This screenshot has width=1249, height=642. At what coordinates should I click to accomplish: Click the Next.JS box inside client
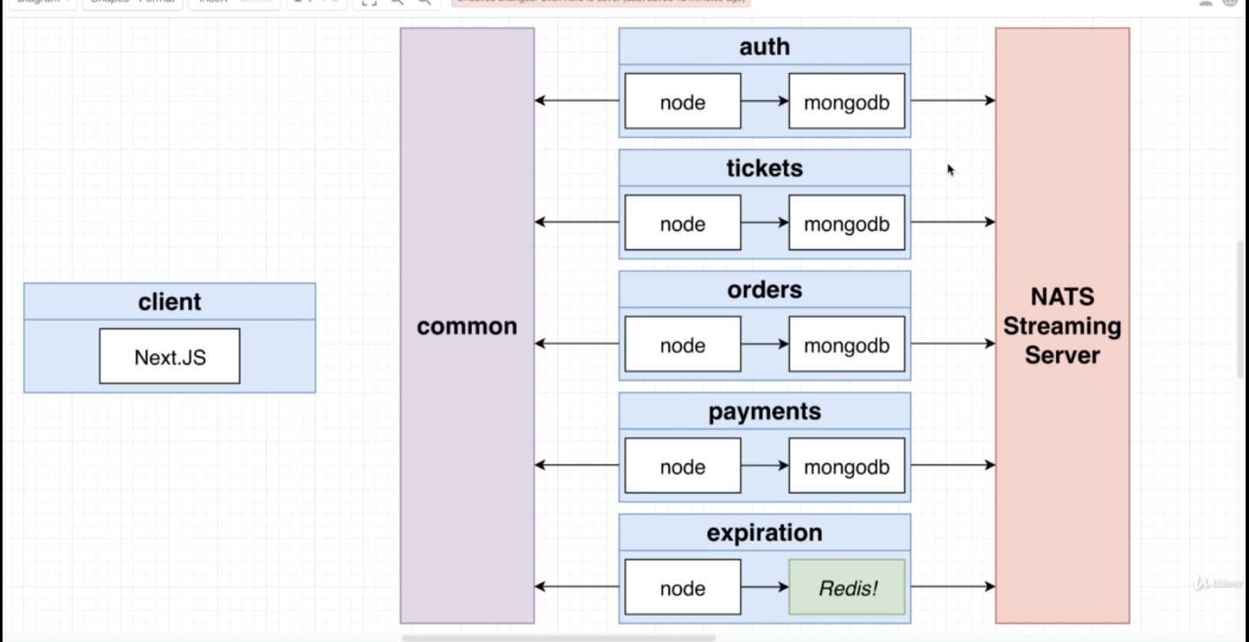pyautogui.click(x=169, y=356)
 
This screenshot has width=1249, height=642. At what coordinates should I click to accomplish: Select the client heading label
pyautogui.click(x=169, y=302)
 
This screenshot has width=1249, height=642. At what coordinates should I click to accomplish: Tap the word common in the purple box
pyautogui.click(x=467, y=326)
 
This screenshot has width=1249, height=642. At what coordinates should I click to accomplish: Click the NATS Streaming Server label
pyautogui.click(x=1062, y=326)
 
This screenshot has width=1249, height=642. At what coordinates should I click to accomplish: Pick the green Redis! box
pyautogui.click(x=847, y=587)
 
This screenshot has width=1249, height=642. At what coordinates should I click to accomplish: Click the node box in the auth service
pyautogui.click(x=683, y=102)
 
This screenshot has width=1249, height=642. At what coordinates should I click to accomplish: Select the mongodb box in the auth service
pyautogui.click(x=847, y=102)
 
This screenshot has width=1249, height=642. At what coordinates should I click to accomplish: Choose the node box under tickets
pyautogui.click(x=683, y=224)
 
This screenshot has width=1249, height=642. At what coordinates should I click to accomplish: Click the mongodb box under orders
pyautogui.click(x=847, y=345)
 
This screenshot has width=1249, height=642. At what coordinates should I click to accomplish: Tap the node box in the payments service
pyautogui.click(x=683, y=467)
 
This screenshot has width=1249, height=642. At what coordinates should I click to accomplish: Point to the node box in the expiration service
pyautogui.click(x=683, y=587)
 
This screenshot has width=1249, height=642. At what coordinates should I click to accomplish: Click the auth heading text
pyautogui.click(x=764, y=47)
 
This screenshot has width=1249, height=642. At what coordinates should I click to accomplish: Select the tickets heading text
pyautogui.click(x=764, y=169)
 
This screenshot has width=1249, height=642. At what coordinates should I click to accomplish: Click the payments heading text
pyautogui.click(x=764, y=412)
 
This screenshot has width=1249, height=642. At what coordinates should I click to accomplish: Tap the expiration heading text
pyautogui.click(x=764, y=533)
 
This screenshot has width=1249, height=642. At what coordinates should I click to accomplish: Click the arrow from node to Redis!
pyautogui.click(x=764, y=586)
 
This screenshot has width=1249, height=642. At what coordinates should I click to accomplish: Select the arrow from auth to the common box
pyautogui.click(x=577, y=101)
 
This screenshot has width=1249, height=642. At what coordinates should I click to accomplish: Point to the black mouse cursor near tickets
pyautogui.click(x=951, y=170)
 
